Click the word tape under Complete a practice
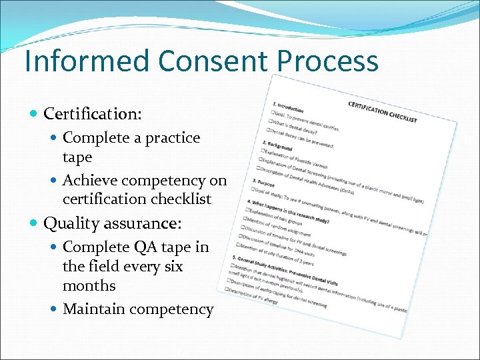[77, 157]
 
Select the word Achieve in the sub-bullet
[89, 180]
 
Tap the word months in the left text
[89, 285]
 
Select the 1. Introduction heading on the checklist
[288, 106]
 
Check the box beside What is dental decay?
[271, 121]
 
